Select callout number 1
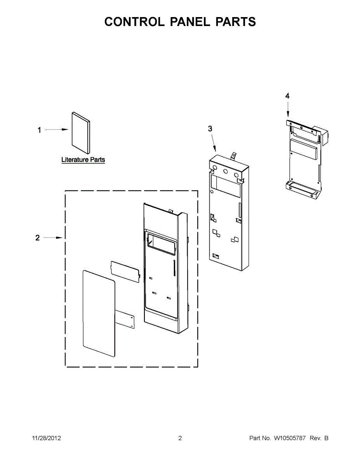tap(39, 130)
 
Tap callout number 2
tap(38, 238)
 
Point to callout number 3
tap(210, 129)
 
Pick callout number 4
tap(287, 96)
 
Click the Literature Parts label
tap(83, 160)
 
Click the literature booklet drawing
tap(81, 133)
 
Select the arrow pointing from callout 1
tap(57, 130)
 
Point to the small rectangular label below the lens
tap(125, 319)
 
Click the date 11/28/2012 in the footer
tap(46, 438)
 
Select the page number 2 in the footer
tap(180, 438)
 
